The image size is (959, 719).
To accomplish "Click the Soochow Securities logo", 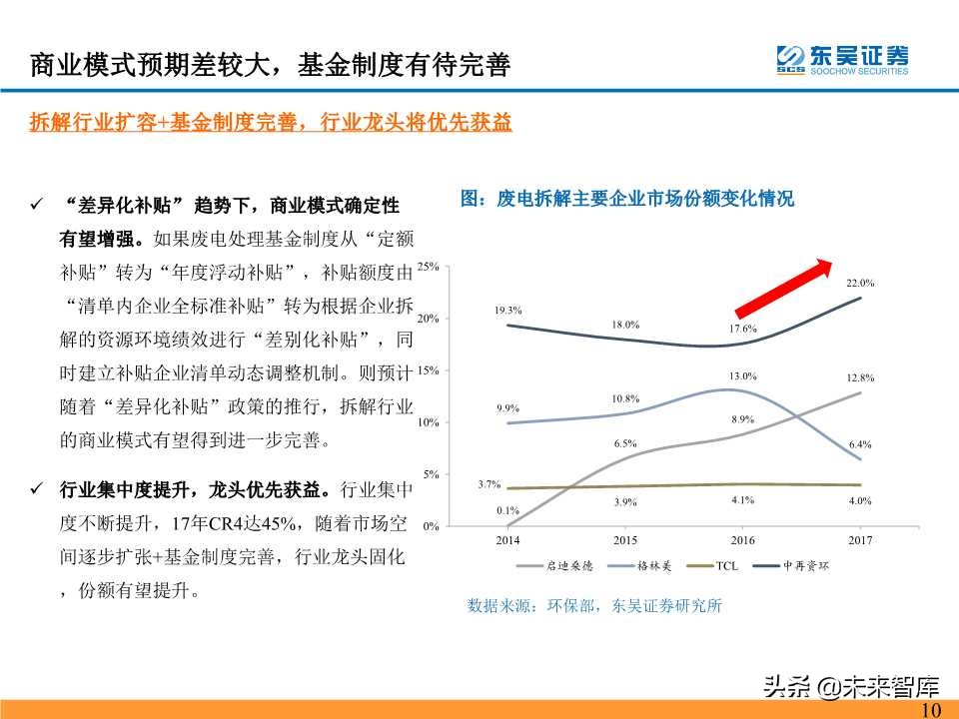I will pyautogui.click(x=842, y=59).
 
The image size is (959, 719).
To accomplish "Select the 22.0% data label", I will pyautogui.click(x=860, y=284).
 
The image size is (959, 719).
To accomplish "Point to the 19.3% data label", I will pyautogui.click(x=507, y=311).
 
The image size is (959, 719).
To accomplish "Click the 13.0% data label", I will pyautogui.click(x=742, y=376).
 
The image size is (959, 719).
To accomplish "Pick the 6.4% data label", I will pyautogui.click(x=860, y=444).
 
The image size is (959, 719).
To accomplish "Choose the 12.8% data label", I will pyautogui.click(x=860, y=377).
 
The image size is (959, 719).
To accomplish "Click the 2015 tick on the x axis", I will pyautogui.click(x=624, y=540).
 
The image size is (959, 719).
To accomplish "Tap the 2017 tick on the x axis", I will pyautogui.click(x=860, y=540).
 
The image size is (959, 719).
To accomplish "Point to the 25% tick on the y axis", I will pyautogui.click(x=429, y=267).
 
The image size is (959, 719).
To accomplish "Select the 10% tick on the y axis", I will pyautogui.click(x=429, y=422).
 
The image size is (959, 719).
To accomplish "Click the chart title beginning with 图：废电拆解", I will pyautogui.click(x=626, y=199).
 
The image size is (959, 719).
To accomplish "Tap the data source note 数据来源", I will pyautogui.click(x=593, y=605).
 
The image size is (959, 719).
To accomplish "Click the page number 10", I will pyautogui.click(x=931, y=709).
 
